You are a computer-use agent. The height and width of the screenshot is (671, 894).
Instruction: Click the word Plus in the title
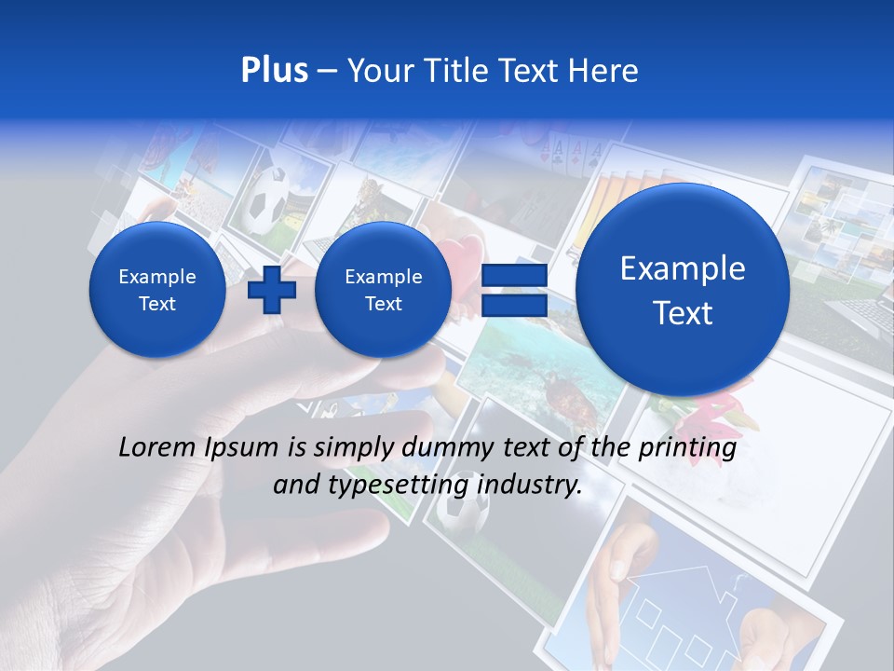[x=274, y=71]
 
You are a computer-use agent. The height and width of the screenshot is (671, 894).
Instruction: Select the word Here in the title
[x=603, y=71]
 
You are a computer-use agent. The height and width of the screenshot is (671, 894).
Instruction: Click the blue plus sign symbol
[x=272, y=290]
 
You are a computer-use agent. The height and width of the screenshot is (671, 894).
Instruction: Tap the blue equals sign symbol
[x=512, y=290]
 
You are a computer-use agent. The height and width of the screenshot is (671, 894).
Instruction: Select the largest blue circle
[x=683, y=290]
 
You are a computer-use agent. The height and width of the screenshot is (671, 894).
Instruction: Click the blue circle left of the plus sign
[x=157, y=290]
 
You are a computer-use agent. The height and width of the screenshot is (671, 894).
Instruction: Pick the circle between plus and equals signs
[x=383, y=290]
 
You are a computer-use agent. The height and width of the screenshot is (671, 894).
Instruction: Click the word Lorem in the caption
[x=155, y=448]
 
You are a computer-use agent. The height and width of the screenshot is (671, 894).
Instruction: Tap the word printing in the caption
[x=689, y=448]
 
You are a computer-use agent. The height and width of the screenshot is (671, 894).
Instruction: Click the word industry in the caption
[x=530, y=485]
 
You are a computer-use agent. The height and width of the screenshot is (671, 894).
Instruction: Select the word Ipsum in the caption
[x=246, y=448]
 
